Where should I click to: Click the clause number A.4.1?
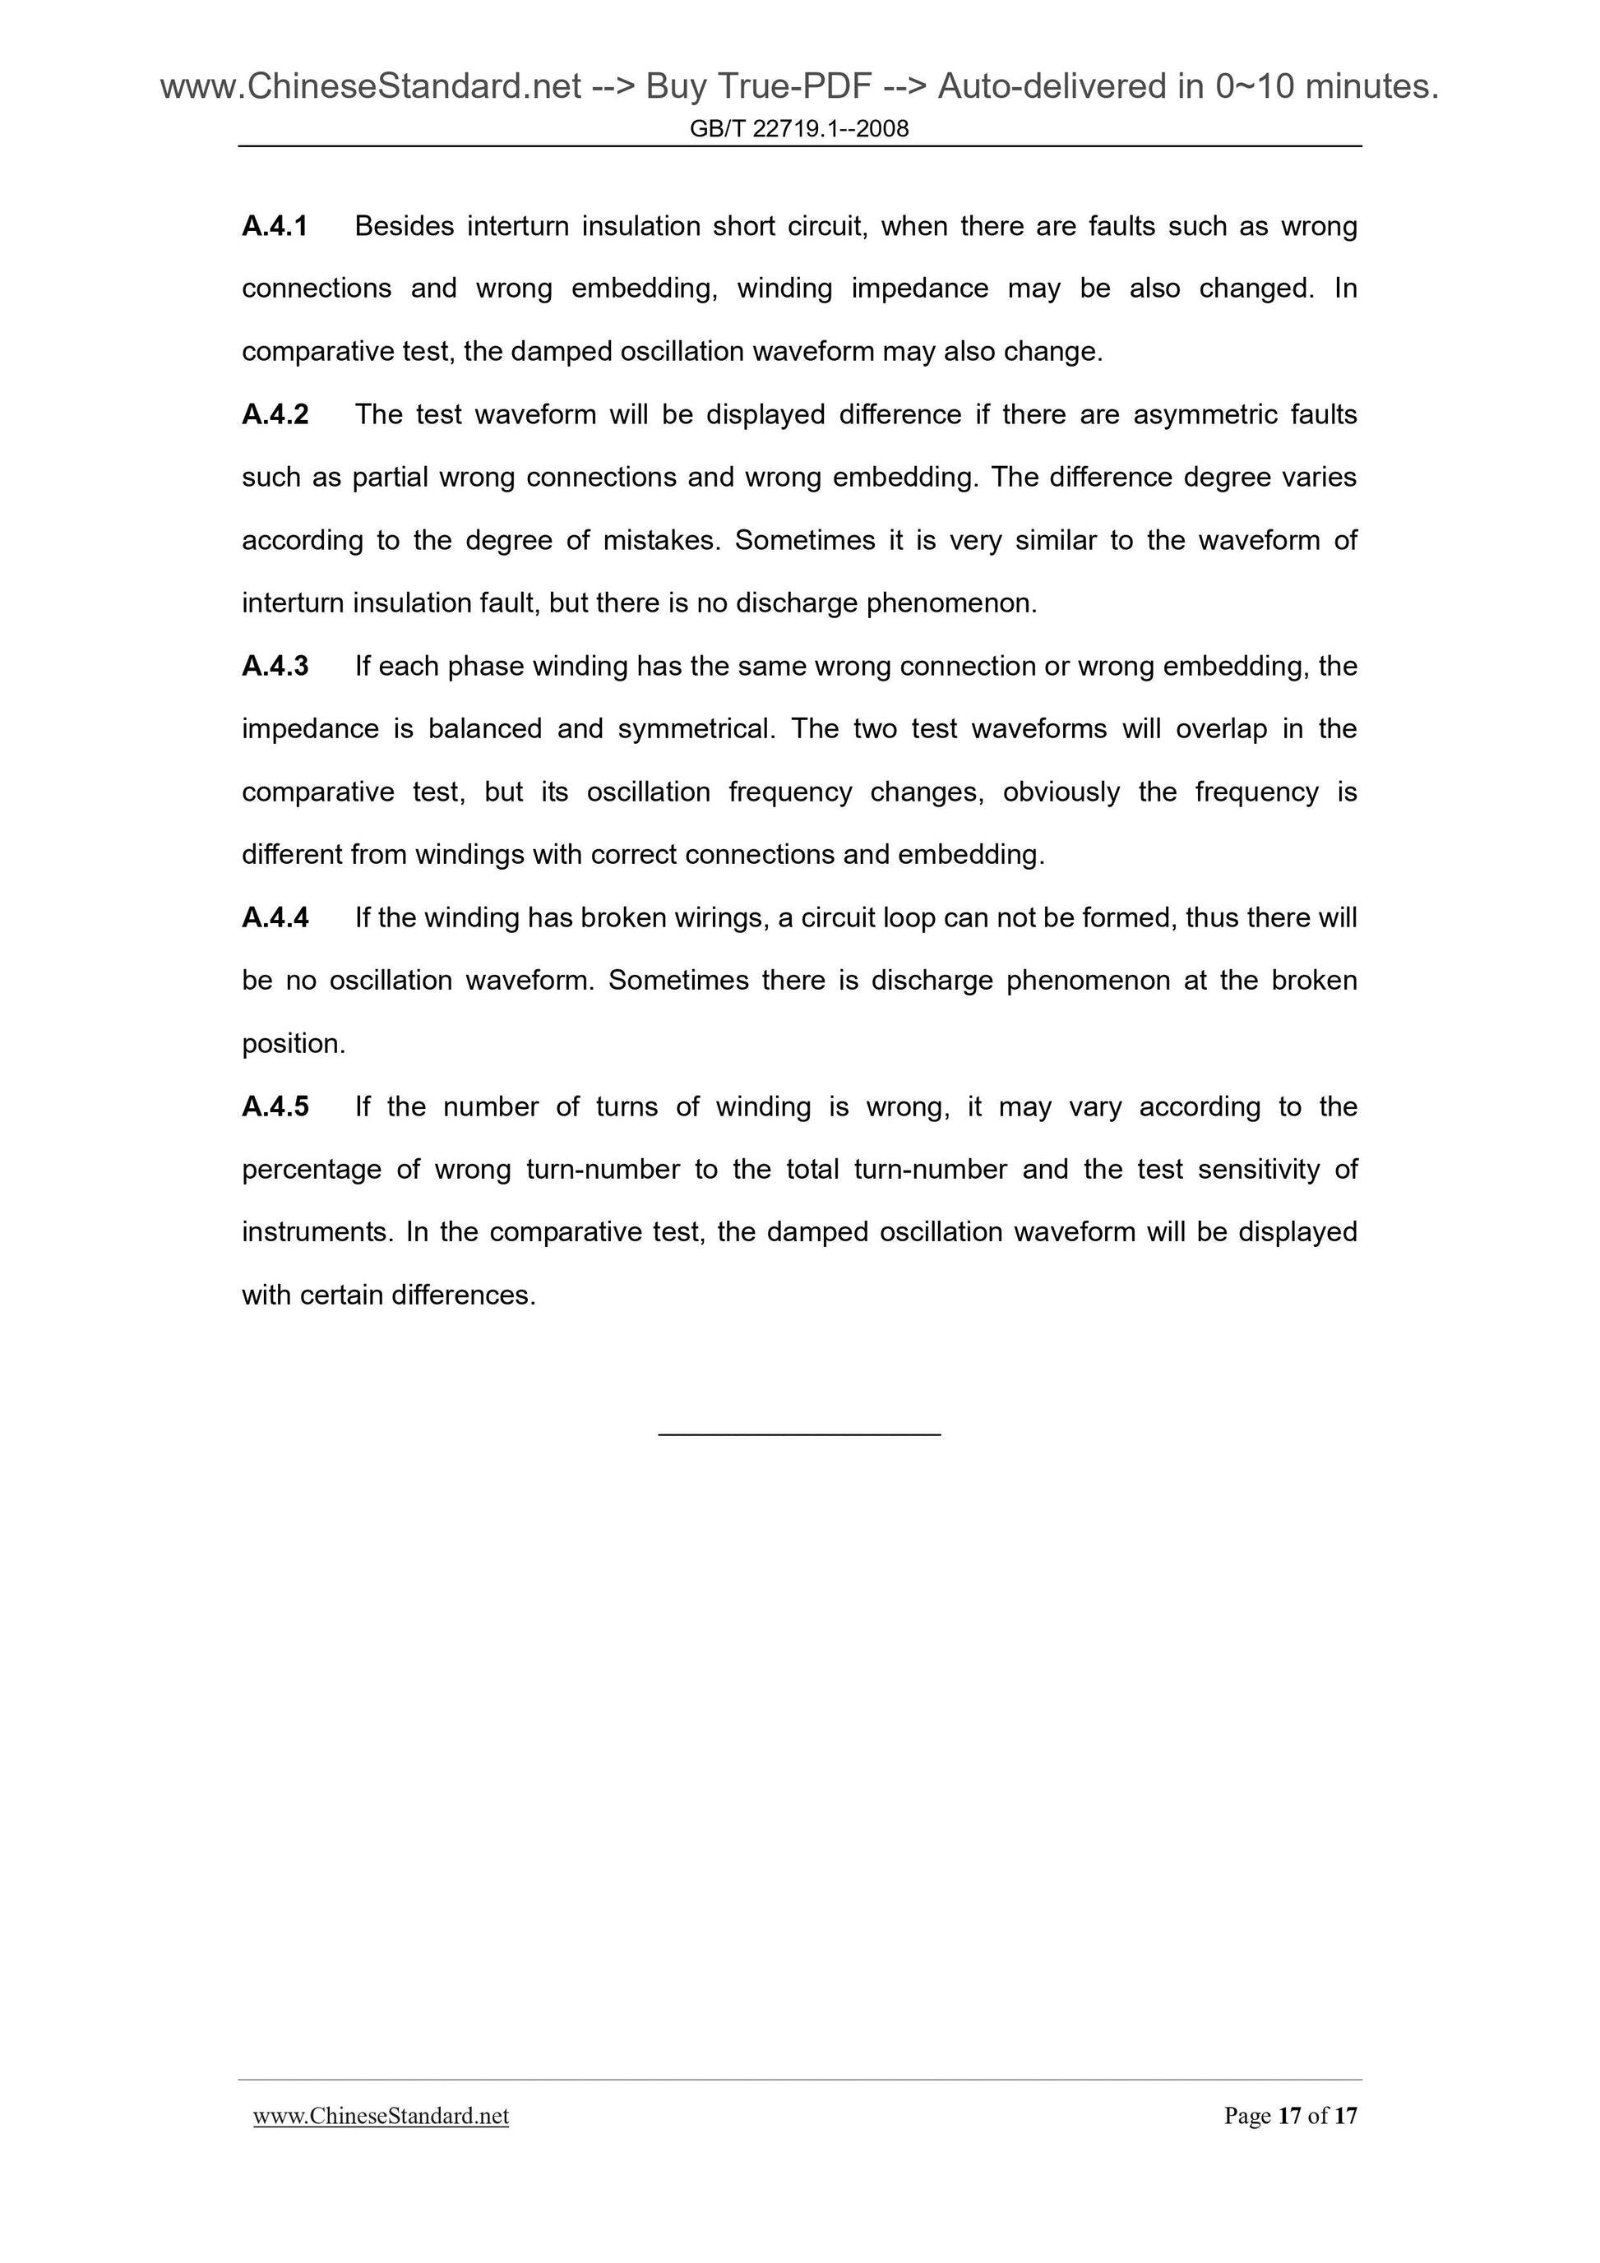(275, 227)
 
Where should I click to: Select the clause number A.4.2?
(275, 415)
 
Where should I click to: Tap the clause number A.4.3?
(275, 667)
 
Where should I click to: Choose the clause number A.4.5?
(275, 1107)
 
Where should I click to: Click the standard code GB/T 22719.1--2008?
(799, 128)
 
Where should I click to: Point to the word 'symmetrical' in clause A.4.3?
(689, 729)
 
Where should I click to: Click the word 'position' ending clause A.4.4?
(291, 1044)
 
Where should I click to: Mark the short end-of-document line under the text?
(799, 1434)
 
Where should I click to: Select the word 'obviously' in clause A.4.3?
(1061, 792)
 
